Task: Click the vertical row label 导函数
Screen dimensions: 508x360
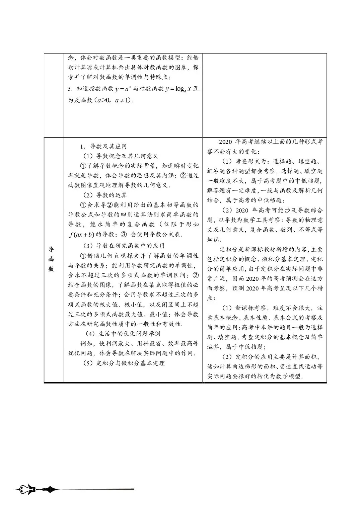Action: pos(51,259)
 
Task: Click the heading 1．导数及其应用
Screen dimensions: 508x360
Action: pos(103,146)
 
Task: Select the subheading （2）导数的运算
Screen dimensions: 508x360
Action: pos(105,195)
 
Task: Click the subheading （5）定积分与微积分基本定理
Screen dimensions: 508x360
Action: pos(124,363)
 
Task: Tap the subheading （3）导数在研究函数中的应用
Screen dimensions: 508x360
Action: pos(124,246)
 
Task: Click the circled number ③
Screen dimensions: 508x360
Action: pos(123,234)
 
